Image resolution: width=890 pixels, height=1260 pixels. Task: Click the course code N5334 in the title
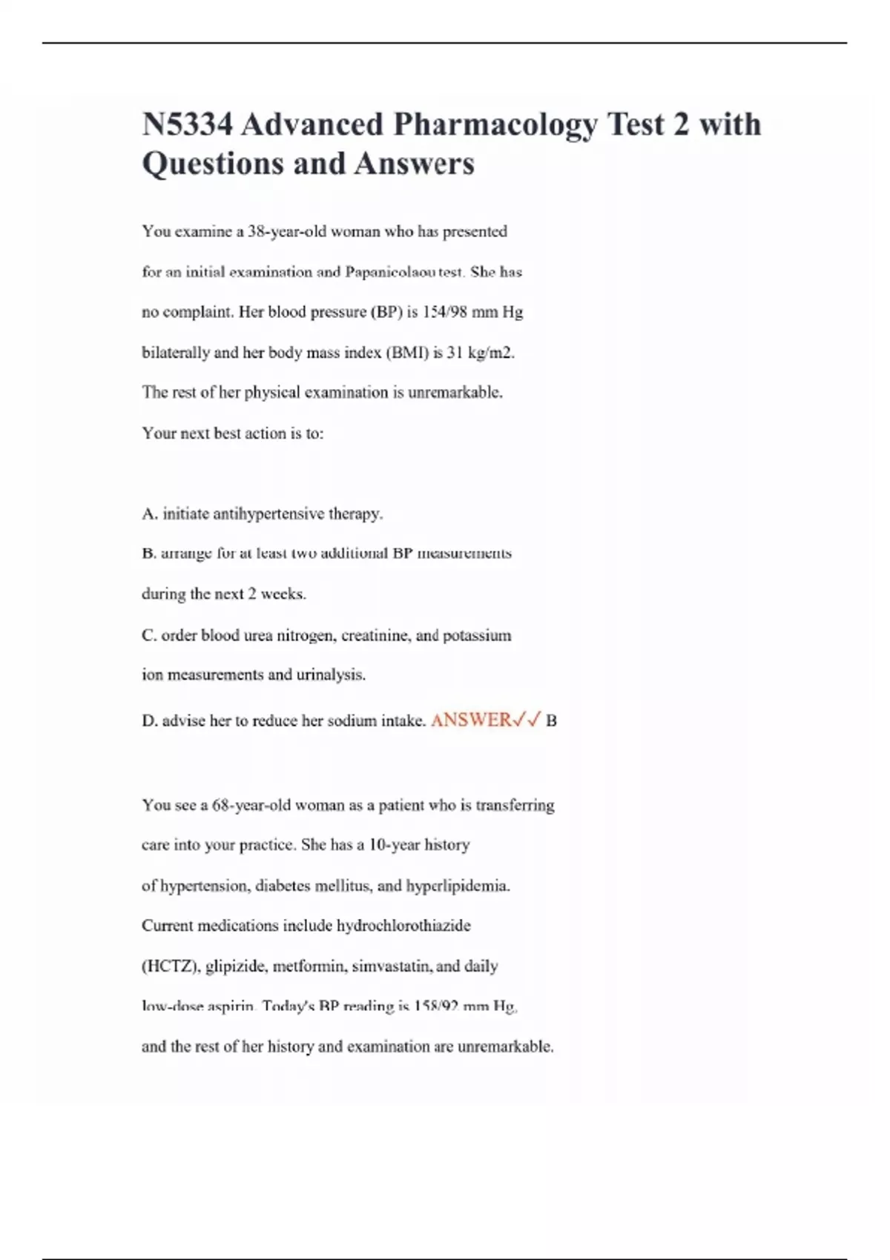point(187,125)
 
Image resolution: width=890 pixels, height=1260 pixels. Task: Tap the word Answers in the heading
point(414,164)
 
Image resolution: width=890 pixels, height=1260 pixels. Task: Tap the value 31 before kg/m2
point(455,353)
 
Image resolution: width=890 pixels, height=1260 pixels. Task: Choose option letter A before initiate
point(148,514)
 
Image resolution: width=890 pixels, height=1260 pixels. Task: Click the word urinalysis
point(331,674)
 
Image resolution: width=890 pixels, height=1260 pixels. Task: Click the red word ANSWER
point(471,720)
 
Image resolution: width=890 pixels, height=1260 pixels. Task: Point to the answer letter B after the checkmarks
point(551,720)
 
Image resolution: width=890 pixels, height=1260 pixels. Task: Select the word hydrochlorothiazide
point(403,926)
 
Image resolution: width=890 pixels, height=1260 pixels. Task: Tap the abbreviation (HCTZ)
point(170,966)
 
